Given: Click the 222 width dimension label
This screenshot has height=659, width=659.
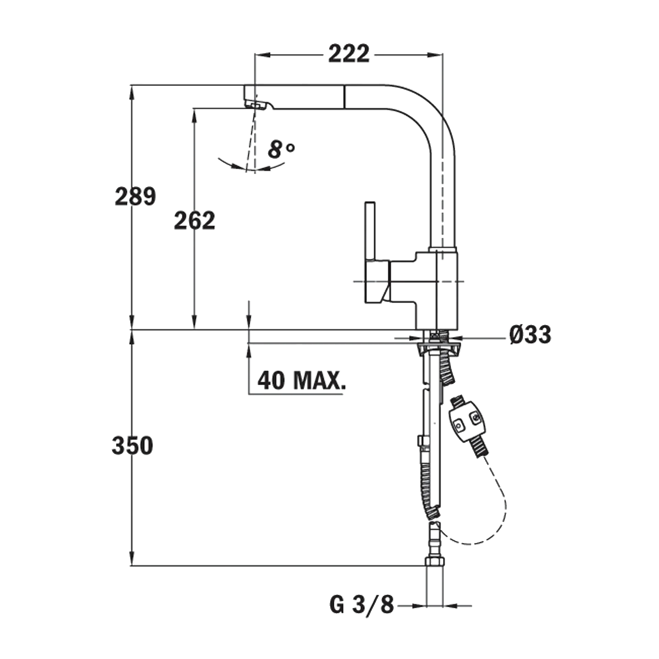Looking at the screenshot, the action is [x=349, y=54].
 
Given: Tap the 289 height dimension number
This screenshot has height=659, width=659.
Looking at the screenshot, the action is [x=135, y=196].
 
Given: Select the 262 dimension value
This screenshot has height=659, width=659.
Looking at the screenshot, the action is [x=194, y=220].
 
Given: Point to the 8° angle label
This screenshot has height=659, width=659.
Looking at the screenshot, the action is [x=281, y=150].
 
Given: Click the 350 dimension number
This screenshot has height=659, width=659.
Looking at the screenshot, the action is [x=132, y=446].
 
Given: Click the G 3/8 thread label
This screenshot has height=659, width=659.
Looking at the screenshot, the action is [x=361, y=606].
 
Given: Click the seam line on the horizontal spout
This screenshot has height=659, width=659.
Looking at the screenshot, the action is [x=343, y=97].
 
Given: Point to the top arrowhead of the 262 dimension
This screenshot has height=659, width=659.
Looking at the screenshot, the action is [x=194, y=115].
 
